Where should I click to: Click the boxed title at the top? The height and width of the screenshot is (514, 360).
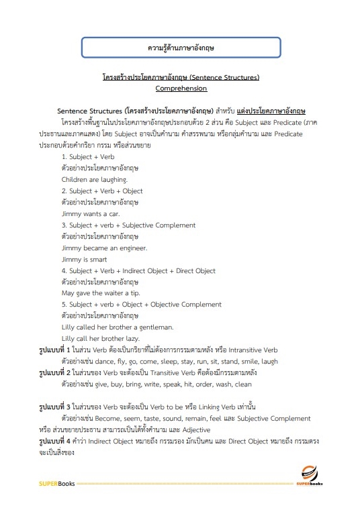[180, 48]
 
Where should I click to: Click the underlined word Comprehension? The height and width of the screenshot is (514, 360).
[181, 88]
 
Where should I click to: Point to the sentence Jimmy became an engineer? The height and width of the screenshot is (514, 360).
[100, 248]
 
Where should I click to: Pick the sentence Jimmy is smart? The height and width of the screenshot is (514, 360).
[84, 259]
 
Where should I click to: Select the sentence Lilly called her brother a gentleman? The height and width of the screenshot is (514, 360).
[117, 327]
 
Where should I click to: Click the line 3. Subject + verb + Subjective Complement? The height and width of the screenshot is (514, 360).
[128, 225]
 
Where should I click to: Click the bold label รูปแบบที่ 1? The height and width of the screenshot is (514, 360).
[58, 350]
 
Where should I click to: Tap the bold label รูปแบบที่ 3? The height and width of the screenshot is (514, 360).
[58, 407]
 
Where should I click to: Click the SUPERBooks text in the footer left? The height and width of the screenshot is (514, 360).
[57, 483]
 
